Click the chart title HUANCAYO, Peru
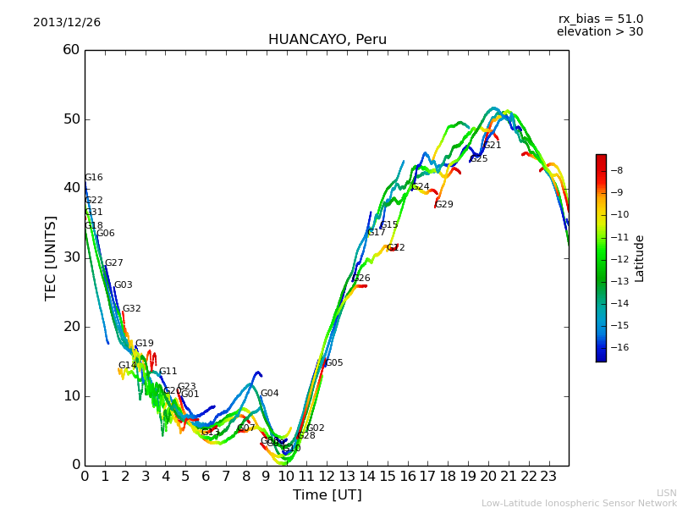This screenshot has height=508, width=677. point(327,40)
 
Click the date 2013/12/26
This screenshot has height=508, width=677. point(67,23)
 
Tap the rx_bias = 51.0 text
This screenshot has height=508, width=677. point(600,19)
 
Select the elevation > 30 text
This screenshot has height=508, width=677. point(600,32)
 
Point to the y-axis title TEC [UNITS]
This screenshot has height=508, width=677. point(51,257)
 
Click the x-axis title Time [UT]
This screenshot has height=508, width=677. point(327,495)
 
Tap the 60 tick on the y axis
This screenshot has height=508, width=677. point(71,50)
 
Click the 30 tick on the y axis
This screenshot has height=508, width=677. point(71,257)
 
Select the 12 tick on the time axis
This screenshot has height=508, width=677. point(327,477)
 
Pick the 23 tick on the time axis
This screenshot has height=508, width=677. point(548,477)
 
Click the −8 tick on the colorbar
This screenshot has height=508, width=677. point(617,170)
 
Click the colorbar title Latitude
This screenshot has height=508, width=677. point(640,258)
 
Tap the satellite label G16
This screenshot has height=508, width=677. point(93,178)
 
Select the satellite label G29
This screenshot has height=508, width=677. point(444,205)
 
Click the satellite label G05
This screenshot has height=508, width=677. point(334,363)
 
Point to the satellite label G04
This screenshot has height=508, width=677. point(269,394)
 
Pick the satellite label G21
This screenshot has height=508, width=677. point(493,146)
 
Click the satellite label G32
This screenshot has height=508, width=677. point(132,309)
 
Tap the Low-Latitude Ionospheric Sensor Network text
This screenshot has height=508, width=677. point(579,503)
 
